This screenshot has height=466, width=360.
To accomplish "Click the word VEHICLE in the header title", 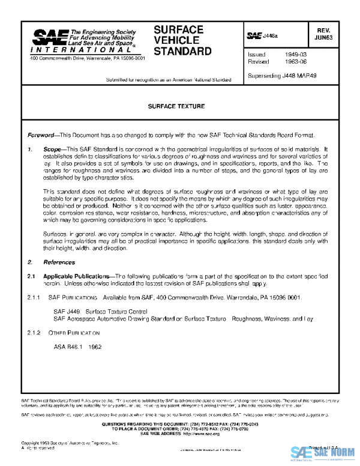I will (173, 40).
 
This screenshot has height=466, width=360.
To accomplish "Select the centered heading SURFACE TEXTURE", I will (176, 106).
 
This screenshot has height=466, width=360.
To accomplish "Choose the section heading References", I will (59, 262).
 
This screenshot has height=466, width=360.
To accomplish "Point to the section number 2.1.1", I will (33, 297).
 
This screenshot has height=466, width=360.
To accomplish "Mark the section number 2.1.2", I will (33, 331).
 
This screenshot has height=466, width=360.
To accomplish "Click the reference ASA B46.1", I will (68, 346).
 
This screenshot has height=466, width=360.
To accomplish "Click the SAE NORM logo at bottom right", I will (324, 453).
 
